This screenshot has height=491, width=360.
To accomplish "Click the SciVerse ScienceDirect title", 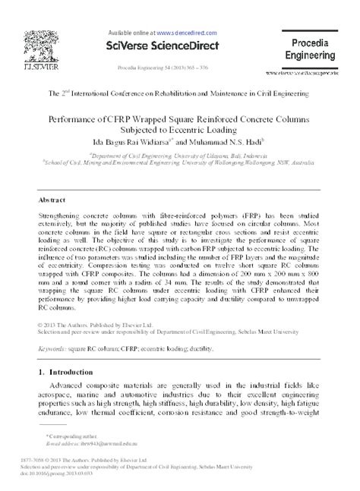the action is [159, 46].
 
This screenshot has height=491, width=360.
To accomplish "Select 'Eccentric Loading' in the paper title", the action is [194, 130].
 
